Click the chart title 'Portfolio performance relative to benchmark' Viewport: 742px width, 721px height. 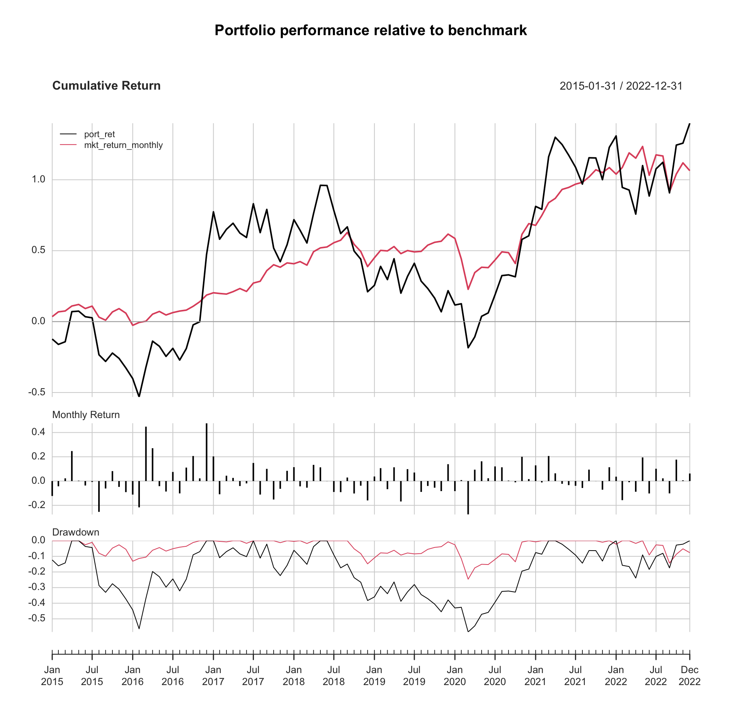[x=371, y=30]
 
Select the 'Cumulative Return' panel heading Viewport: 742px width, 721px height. [x=106, y=85]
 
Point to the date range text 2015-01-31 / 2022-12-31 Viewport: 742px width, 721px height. [x=621, y=86]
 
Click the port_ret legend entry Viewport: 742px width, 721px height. [x=88, y=134]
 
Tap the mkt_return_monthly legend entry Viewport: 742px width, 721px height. [x=111, y=145]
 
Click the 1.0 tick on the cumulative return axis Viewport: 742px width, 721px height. [x=39, y=179]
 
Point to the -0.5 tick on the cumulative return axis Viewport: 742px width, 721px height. [x=37, y=392]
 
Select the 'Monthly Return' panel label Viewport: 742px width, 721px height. [x=86, y=415]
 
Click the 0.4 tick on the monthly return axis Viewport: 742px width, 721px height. [x=39, y=432]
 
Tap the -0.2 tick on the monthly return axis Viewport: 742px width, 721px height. [x=37, y=505]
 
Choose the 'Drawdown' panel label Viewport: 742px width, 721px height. [x=76, y=532]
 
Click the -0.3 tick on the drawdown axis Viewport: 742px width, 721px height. [x=37, y=587]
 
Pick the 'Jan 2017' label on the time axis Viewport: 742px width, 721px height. [x=213, y=675]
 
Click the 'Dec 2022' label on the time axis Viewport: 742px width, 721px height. [x=690, y=675]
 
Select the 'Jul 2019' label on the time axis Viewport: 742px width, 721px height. [x=414, y=675]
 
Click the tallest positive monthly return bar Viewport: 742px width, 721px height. [x=206, y=452]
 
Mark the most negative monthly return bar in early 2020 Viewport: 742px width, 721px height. [x=468, y=498]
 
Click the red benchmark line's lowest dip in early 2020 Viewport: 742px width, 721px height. [x=468, y=289]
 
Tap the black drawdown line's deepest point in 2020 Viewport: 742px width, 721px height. [x=468, y=632]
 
